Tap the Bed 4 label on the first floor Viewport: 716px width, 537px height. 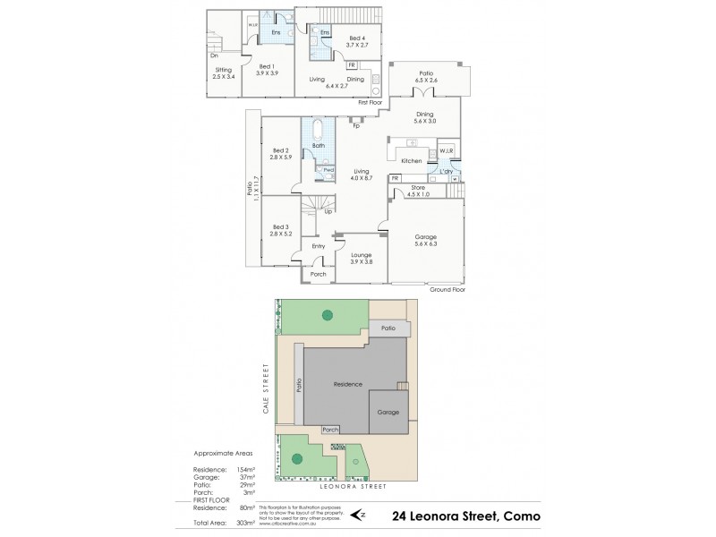[x=357, y=38]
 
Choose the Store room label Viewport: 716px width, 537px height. [x=419, y=189]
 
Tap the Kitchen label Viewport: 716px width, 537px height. [x=411, y=160]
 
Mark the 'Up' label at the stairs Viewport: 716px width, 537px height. [x=317, y=212]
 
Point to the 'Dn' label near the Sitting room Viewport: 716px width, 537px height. [x=215, y=55]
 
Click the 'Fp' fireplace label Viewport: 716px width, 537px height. [x=355, y=126]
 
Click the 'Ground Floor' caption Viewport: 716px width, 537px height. [x=447, y=290]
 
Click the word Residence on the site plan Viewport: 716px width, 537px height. [x=347, y=384]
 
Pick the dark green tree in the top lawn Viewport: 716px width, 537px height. [x=328, y=315]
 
